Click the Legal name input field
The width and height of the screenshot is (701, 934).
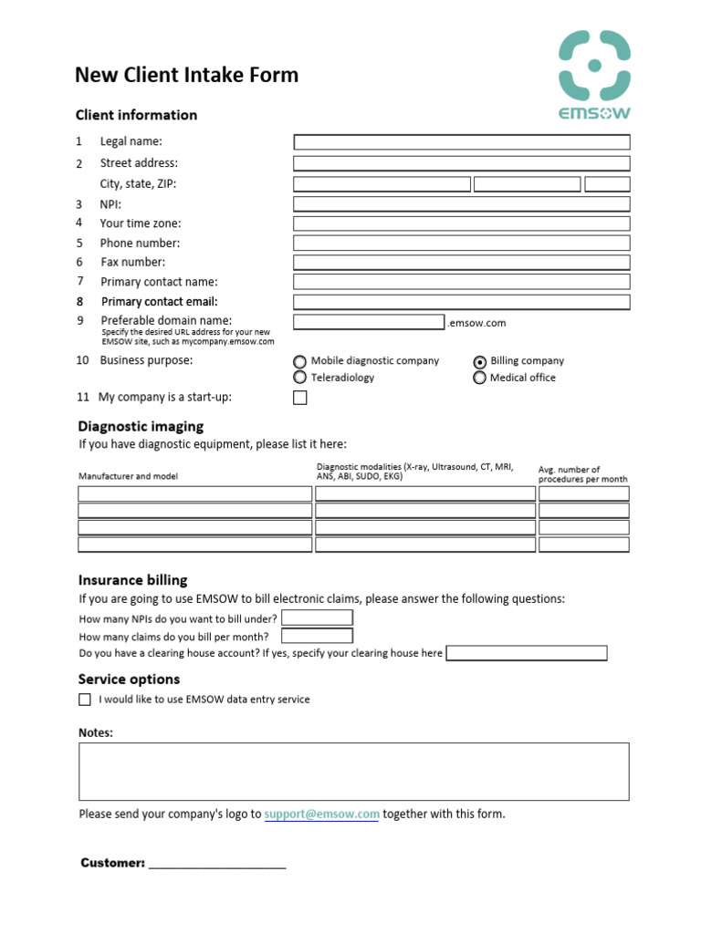click(461, 142)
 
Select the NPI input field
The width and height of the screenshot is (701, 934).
click(461, 204)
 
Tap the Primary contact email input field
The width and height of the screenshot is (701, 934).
click(461, 302)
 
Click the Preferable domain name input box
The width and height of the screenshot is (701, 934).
click(369, 322)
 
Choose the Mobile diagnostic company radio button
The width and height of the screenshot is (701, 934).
click(299, 362)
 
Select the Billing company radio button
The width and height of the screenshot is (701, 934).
click(480, 362)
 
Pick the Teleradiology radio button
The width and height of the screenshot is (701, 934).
click(299, 378)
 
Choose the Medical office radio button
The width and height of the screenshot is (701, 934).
click(480, 378)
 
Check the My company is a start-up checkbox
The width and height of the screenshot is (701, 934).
click(299, 398)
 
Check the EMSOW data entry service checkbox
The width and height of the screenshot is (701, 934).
click(85, 700)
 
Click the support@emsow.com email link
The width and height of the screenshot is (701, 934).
click(321, 814)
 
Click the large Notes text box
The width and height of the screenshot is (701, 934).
click(353, 771)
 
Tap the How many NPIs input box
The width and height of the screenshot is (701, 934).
click(317, 617)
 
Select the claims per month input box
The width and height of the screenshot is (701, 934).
click(317, 636)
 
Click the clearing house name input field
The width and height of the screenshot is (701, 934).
click(526, 653)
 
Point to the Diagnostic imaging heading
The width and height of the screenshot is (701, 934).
click(141, 426)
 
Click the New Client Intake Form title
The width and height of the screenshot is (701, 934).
click(186, 75)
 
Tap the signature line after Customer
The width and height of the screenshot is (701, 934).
click(217, 863)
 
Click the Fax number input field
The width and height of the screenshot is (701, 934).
click(461, 263)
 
